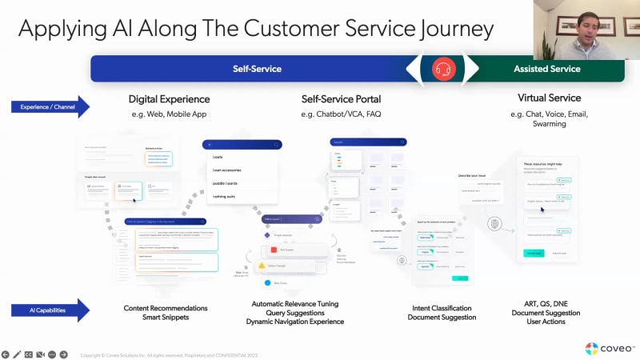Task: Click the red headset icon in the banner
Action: (444, 69)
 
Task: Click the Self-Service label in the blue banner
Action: (257, 69)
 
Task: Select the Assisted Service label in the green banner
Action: (547, 69)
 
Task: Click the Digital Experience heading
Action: (169, 99)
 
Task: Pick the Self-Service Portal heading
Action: (341, 99)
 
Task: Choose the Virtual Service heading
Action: (549, 98)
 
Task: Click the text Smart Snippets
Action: (165, 318)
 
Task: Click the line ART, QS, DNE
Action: (549, 304)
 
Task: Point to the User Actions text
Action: (549, 322)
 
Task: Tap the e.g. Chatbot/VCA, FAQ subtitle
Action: (341, 114)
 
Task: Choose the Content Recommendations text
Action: (166, 308)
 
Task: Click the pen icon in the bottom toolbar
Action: (17, 354)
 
